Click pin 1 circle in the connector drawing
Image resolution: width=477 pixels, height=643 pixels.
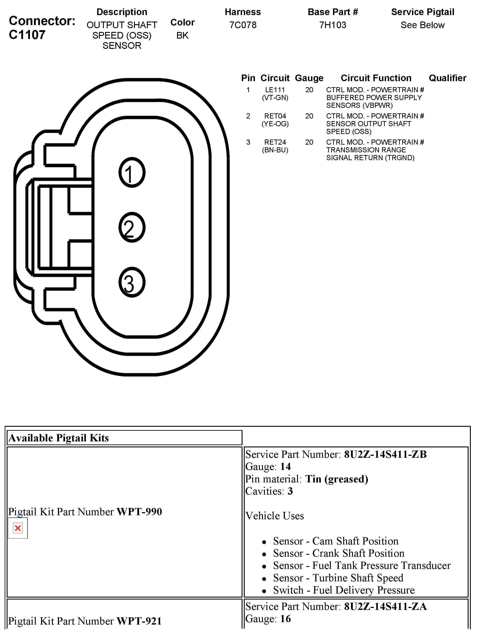(x=132, y=173)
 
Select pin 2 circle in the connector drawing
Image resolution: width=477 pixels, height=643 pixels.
(x=132, y=227)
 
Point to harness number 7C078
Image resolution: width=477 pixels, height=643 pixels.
(x=243, y=25)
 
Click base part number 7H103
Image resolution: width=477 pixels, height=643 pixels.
(x=333, y=25)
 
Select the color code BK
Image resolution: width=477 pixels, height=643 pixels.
(x=182, y=35)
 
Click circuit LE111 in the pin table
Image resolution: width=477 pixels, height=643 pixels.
(x=275, y=90)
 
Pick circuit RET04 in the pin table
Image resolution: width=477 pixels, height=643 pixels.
(x=275, y=116)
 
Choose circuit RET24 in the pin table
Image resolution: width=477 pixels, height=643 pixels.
(x=275, y=142)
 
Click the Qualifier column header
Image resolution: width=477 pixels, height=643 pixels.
(x=447, y=78)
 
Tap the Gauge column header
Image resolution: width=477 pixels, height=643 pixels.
(x=309, y=78)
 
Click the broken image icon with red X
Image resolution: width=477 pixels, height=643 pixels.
(x=18, y=528)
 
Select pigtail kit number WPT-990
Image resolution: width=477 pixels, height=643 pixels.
(x=139, y=512)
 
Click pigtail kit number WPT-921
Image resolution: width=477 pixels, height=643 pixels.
(x=139, y=621)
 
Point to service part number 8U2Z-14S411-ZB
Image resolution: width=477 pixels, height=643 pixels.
(x=385, y=454)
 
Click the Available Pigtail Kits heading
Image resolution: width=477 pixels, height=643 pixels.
(x=59, y=438)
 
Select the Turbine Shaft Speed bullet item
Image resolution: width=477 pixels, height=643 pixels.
(x=338, y=578)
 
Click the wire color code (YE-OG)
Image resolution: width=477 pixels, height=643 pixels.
(x=275, y=124)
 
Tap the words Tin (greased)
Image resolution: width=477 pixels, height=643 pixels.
(x=337, y=479)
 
